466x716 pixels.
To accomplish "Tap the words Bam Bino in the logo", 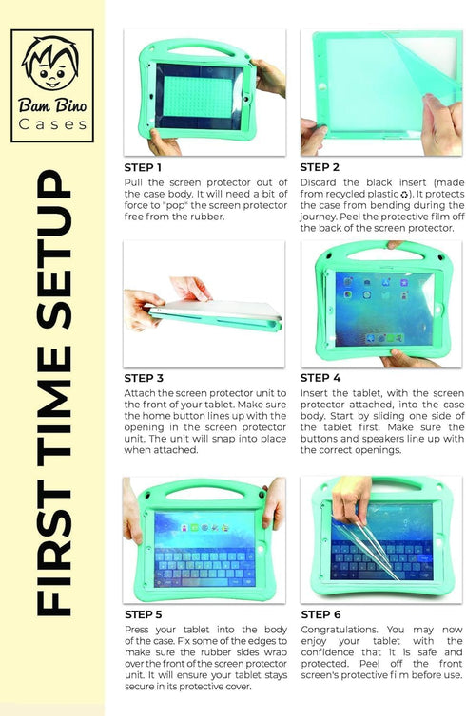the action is coord(52,105).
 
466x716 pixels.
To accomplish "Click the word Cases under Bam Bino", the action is coord(52,124).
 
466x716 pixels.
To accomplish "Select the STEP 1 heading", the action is coord(143,167).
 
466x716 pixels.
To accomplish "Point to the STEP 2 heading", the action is coord(320,167).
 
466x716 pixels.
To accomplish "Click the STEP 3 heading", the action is coord(144,378).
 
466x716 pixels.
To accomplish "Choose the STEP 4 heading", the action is coord(320,378).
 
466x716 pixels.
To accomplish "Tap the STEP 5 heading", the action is coord(144,614).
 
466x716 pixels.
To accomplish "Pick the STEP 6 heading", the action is coord(320,614).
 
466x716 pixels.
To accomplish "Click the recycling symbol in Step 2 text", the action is coord(404,194).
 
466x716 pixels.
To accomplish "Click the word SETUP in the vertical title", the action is coord(54,250).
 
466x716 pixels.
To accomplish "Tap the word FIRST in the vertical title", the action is coord(54,553).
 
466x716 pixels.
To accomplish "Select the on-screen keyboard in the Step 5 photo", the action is coord(204,566).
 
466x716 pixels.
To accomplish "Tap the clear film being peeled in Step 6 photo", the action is coord(366,548).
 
